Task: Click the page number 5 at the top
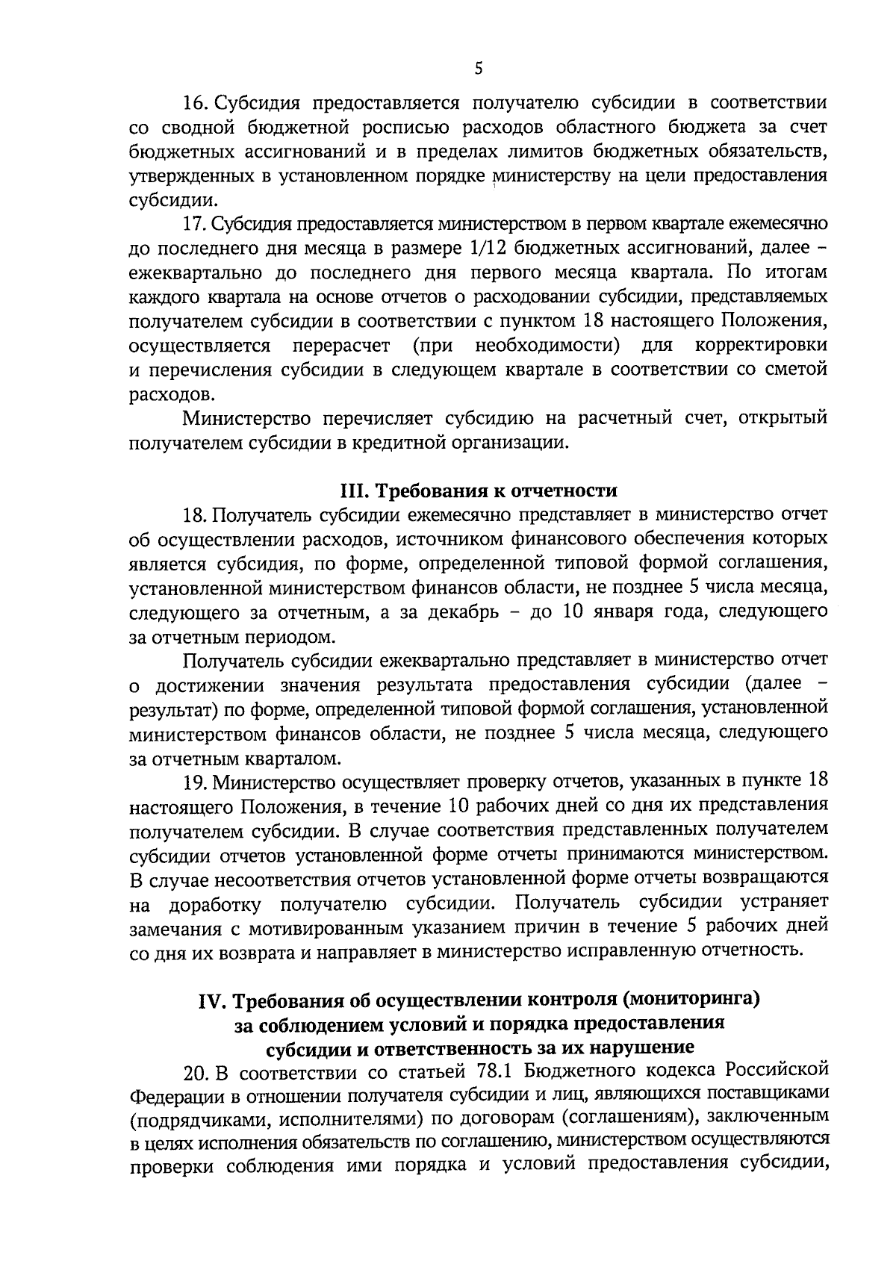click(479, 69)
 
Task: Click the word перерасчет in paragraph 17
click(340, 346)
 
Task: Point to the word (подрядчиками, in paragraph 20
click(204, 1121)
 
